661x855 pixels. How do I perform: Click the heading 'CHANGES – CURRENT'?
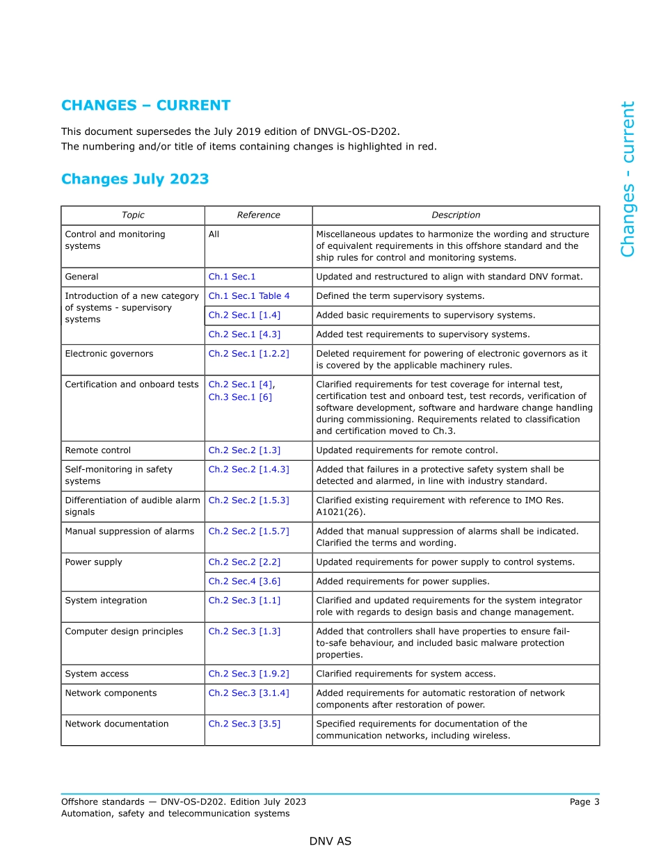point(145,106)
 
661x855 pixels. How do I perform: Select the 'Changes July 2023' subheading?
point(135,179)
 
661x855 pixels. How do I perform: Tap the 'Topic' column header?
point(133,215)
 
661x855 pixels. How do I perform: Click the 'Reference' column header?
point(258,215)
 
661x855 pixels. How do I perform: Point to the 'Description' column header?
point(456,215)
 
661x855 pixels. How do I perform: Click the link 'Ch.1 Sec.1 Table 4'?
point(249,296)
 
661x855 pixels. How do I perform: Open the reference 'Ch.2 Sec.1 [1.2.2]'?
point(248,354)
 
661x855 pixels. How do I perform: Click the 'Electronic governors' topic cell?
point(109,354)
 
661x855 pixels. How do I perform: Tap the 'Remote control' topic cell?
point(97,450)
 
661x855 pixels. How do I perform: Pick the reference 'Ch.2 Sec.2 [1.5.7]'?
point(248,532)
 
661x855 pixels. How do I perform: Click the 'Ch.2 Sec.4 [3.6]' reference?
point(244,582)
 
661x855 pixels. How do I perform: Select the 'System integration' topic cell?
point(106,601)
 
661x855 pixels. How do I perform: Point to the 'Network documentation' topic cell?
point(116,724)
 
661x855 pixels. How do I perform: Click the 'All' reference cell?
point(214,235)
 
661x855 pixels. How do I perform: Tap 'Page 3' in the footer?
point(584,802)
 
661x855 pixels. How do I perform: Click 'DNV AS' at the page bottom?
point(330,842)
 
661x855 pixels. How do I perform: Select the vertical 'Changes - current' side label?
point(628,179)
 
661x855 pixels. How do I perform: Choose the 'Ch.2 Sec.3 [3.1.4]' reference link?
point(248,694)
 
